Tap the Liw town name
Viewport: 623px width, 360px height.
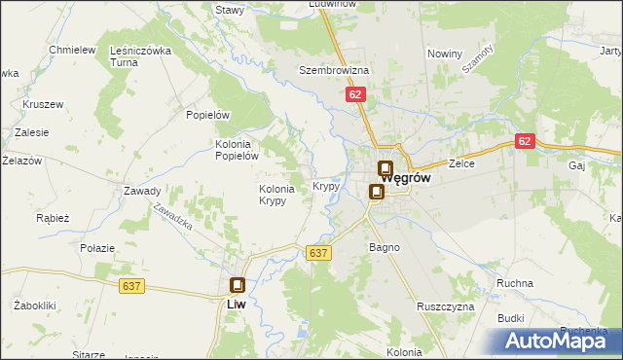tap(234, 304)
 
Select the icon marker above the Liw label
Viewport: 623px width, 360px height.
tap(237, 285)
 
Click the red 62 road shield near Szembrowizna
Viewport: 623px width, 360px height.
tap(354, 94)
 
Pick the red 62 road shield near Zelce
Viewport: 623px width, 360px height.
tap(526, 141)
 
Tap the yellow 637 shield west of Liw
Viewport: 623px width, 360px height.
tap(134, 285)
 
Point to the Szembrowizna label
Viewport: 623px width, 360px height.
tap(334, 71)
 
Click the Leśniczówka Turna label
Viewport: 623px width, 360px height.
tap(141, 55)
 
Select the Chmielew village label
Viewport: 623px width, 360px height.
tap(72, 50)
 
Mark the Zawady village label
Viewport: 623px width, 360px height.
tap(141, 191)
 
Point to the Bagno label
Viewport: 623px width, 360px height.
tap(384, 247)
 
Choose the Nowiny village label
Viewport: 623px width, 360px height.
tap(444, 54)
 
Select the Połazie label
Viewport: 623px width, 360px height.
tap(98, 248)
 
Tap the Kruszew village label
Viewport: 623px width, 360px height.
tap(42, 104)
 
